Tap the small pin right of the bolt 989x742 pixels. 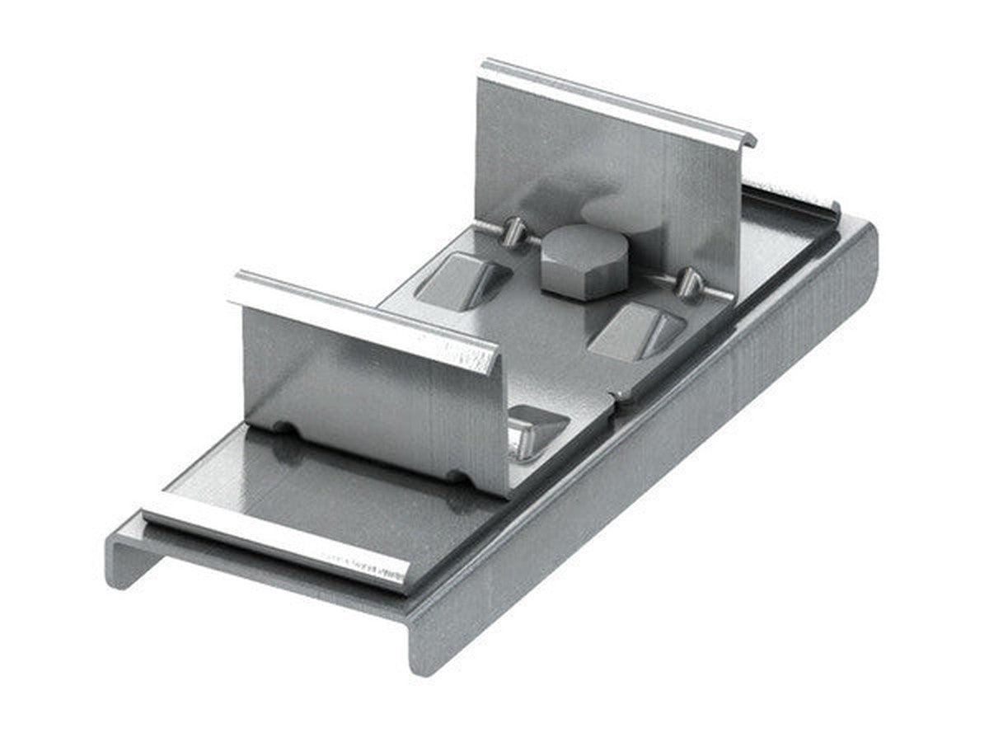688,284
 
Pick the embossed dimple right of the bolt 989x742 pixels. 636,331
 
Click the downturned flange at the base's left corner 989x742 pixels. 124,561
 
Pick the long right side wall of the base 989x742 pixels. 659,462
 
